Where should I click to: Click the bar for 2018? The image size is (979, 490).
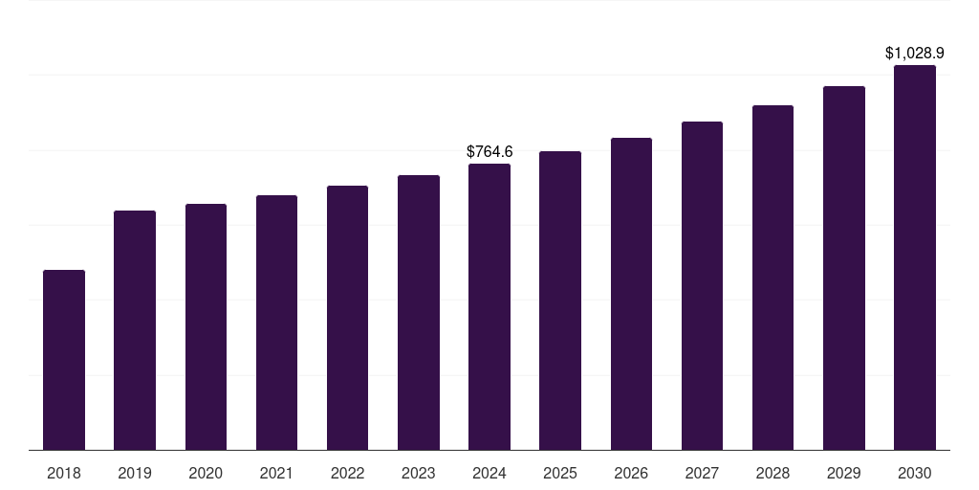coord(64,360)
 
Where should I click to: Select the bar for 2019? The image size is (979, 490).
coord(135,330)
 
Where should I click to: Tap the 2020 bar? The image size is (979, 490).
coord(206,326)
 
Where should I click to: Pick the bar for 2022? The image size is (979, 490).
coord(347,318)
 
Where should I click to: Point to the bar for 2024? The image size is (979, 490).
coord(489,306)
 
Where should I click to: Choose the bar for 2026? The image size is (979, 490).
coord(631,294)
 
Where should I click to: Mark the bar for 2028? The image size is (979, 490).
coord(772,278)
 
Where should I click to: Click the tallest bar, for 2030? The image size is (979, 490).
coord(915,257)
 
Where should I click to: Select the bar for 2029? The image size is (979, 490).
coord(844,268)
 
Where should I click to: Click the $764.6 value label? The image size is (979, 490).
coord(489,151)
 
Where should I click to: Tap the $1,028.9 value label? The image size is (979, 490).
coord(915,54)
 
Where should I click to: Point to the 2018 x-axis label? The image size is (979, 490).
coord(64,473)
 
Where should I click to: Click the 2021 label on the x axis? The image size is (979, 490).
coord(276,473)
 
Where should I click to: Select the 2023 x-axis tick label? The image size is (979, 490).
coord(419,473)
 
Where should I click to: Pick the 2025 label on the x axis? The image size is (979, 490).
coord(560,473)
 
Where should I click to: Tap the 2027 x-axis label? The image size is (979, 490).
coord(702,473)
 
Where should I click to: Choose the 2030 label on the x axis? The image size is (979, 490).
coord(915,473)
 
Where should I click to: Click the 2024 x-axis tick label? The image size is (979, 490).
coord(489,473)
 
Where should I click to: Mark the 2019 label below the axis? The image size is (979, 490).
coord(135,473)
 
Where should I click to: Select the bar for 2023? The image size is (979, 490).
coord(419,312)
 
